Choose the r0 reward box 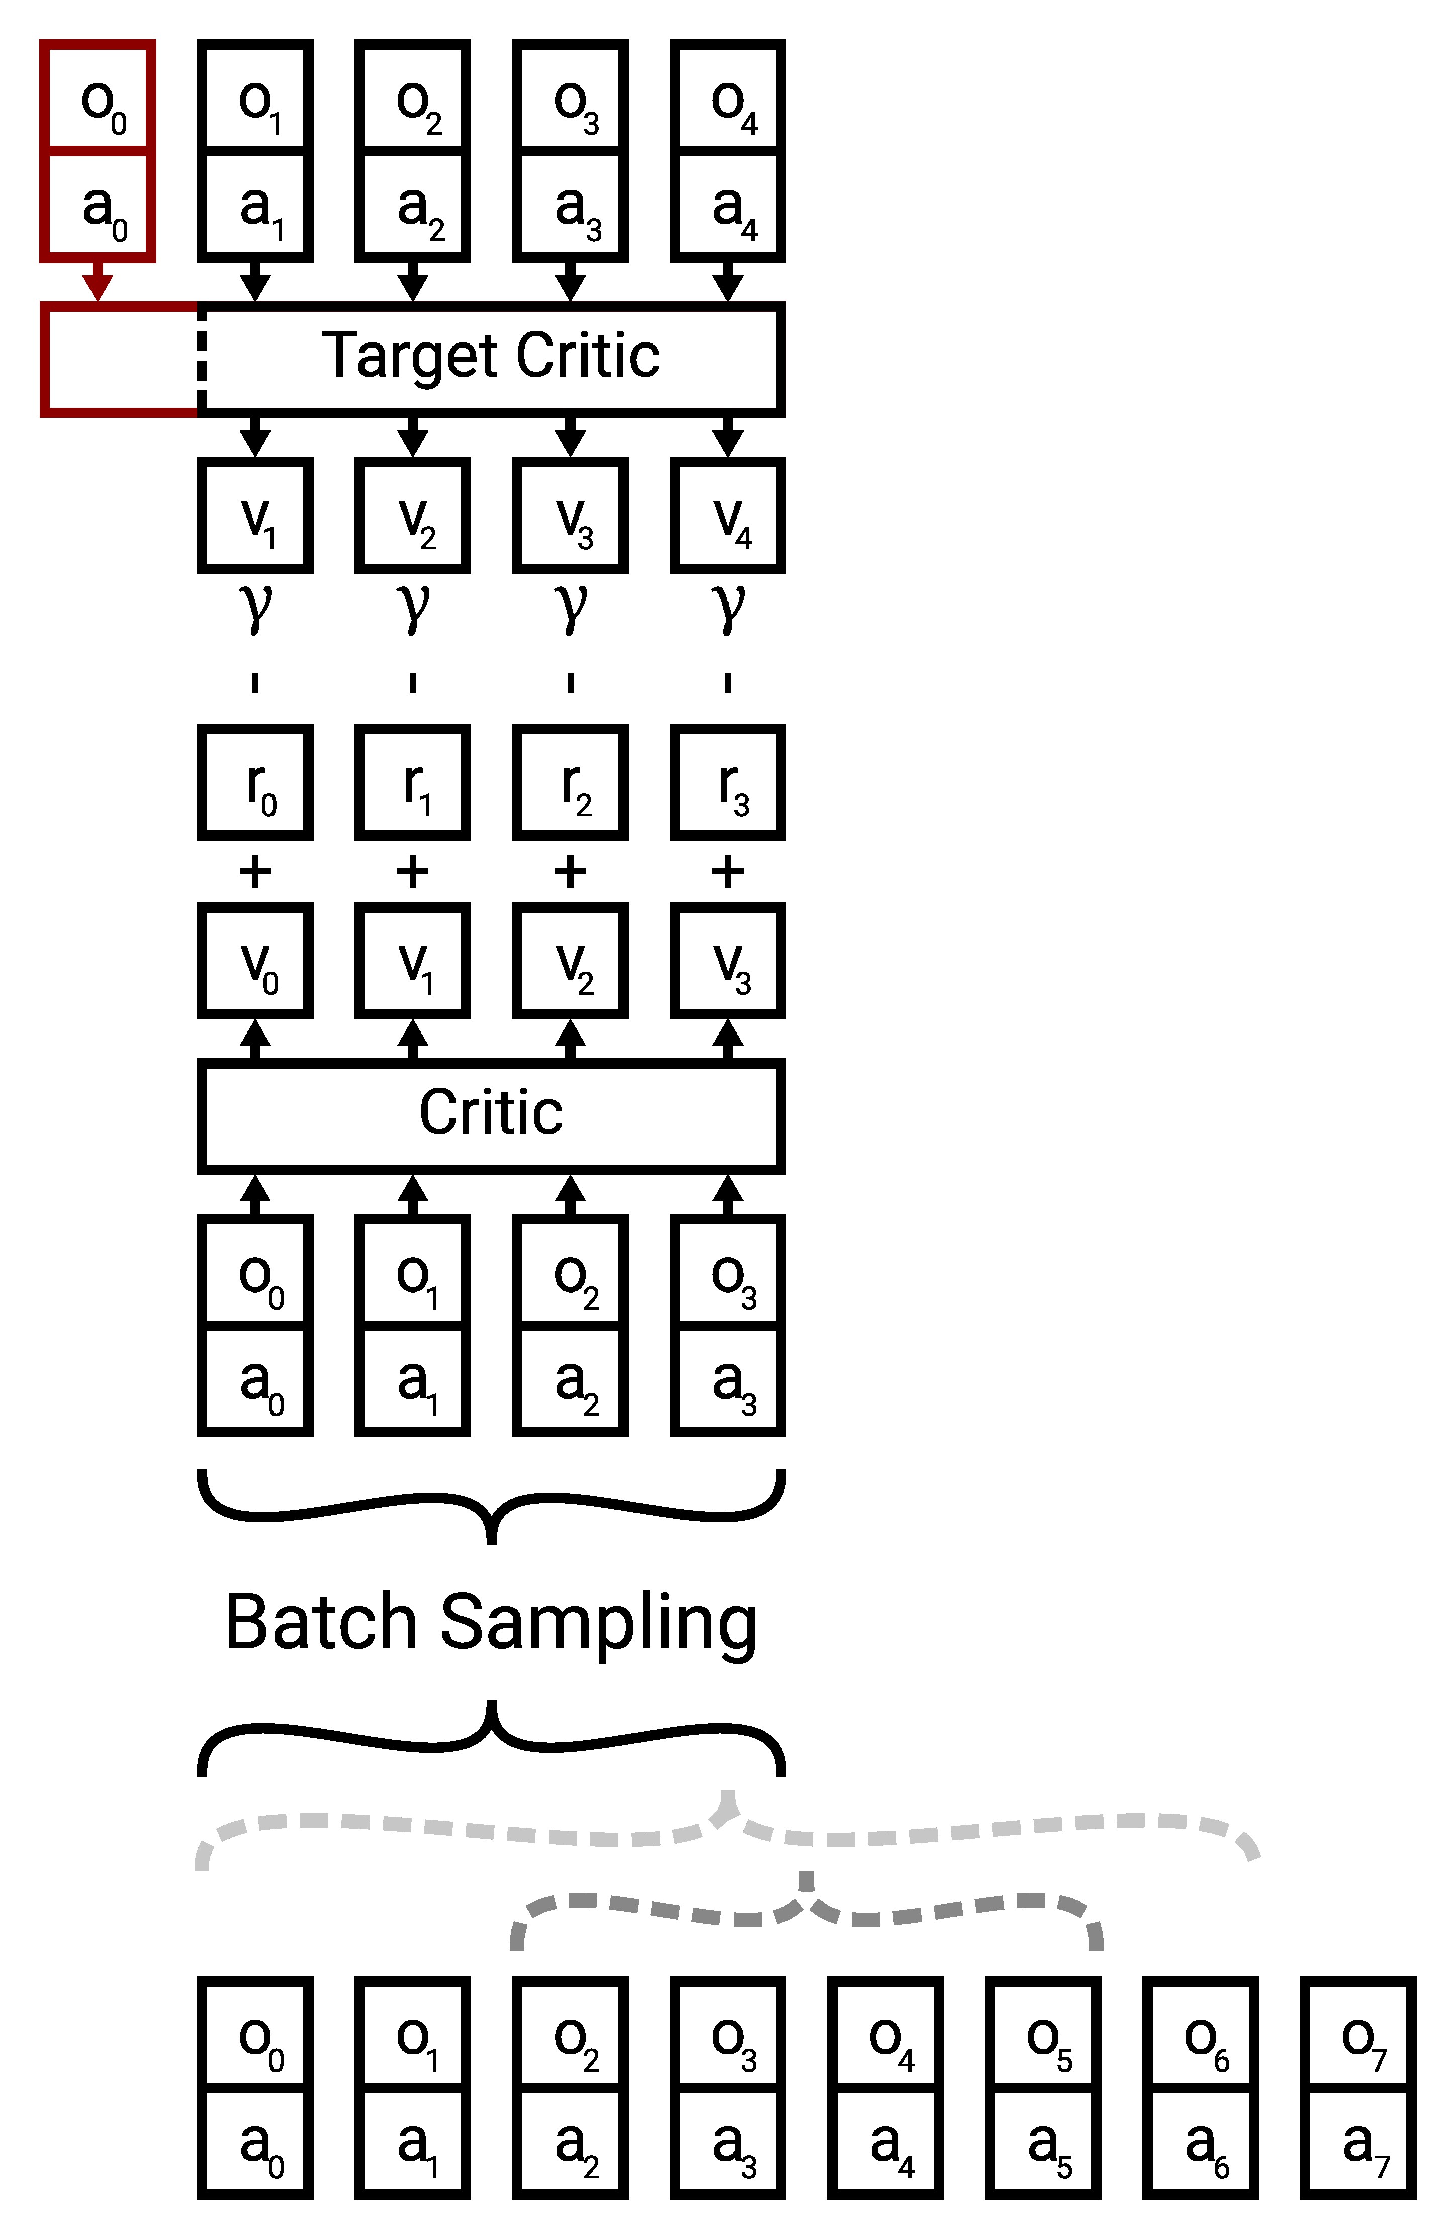(x=255, y=783)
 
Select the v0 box (x=255, y=962)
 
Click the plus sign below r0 (x=255, y=872)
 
